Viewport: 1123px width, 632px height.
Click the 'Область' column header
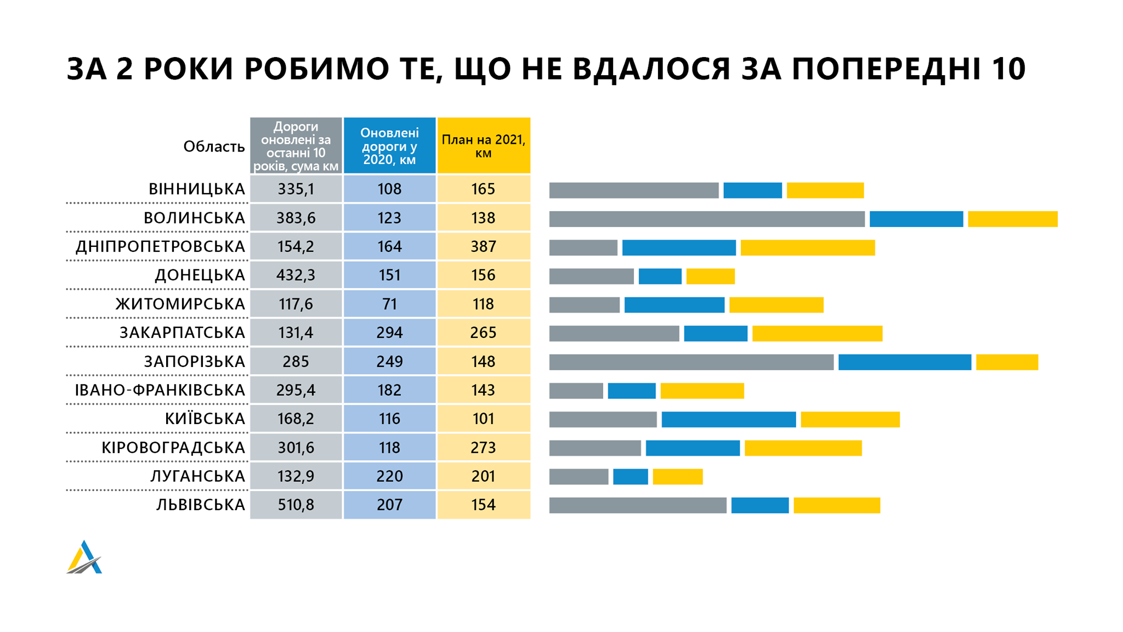click(214, 146)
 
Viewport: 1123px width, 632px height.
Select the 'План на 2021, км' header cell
click(484, 146)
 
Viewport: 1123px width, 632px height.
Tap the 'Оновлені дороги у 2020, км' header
click(389, 146)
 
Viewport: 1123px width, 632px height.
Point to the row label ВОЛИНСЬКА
click(194, 218)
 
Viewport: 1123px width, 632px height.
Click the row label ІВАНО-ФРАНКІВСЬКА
click(160, 390)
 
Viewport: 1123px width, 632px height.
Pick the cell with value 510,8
click(296, 505)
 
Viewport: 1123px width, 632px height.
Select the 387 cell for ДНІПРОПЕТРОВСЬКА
click(484, 247)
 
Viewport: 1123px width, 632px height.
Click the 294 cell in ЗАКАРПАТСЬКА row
click(389, 333)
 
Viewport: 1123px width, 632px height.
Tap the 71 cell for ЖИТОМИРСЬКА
click(389, 304)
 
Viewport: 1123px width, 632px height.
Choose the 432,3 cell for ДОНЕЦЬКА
click(296, 275)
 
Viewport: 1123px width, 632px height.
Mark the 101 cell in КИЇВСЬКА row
click(484, 419)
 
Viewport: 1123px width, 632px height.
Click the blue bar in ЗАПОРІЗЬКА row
click(905, 362)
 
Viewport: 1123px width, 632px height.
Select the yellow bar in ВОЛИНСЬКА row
click(1012, 219)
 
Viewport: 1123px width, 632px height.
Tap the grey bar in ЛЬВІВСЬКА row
click(638, 505)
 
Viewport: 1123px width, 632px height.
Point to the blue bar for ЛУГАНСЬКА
click(630, 477)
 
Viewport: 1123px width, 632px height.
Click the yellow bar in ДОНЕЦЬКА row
click(710, 276)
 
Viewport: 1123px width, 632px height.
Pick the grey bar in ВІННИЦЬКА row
click(634, 190)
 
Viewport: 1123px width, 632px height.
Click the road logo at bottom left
click(84, 558)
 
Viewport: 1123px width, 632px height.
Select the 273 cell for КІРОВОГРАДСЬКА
click(484, 448)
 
